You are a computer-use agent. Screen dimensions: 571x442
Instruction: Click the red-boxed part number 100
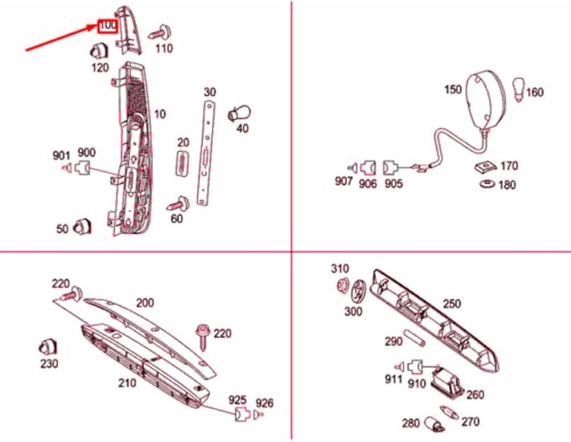(x=107, y=26)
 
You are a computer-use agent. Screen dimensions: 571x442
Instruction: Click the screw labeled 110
(x=163, y=32)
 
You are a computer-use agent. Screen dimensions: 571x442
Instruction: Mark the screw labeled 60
(x=179, y=204)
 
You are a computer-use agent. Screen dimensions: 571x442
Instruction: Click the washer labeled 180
(x=487, y=184)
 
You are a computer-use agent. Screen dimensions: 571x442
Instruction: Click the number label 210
(x=127, y=383)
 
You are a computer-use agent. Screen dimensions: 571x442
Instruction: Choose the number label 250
(x=452, y=304)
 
